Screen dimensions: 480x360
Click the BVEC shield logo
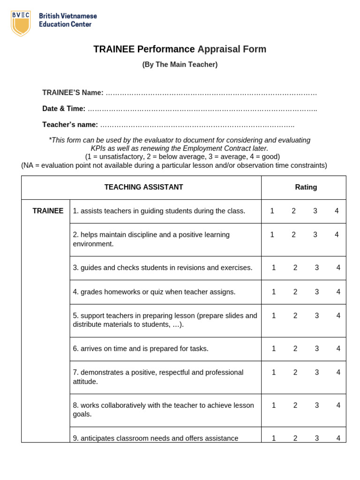tap(21, 23)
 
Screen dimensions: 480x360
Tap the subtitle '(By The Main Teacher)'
tap(180, 65)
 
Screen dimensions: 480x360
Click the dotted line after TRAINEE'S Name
tap(211, 93)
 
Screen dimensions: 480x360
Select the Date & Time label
tap(64, 109)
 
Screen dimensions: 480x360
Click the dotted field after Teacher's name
tap(197, 125)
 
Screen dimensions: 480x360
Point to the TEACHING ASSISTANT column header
tap(143, 187)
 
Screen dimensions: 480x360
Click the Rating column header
tap(306, 187)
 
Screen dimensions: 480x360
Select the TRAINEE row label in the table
tap(48, 211)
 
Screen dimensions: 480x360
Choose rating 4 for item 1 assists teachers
tap(337, 211)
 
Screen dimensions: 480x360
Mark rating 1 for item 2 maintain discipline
tap(272, 235)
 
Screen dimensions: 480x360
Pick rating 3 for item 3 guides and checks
tap(317, 268)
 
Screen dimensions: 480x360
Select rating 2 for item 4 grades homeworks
tap(295, 292)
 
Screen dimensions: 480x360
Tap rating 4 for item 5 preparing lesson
tap(338, 316)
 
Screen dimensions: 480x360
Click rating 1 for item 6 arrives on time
tap(274, 349)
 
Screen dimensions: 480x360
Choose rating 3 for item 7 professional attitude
tap(317, 373)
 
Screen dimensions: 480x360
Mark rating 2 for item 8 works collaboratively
tap(295, 405)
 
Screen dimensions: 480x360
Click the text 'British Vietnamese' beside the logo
tap(68, 16)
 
